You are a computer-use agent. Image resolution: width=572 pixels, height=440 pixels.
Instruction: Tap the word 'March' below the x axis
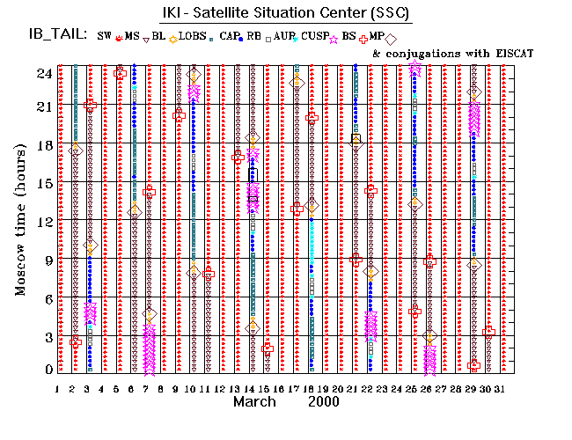pyautogui.click(x=256, y=401)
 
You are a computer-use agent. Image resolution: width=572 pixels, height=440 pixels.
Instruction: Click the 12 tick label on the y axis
pyautogui.click(x=41, y=221)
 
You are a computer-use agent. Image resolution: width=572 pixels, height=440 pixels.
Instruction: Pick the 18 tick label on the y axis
pyautogui.click(x=41, y=145)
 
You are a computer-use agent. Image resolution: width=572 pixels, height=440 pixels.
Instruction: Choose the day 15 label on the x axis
pyautogui.click(x=265, y=388)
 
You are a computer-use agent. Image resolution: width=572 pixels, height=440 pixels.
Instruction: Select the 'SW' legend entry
pyautogui.click(x=104, y=37)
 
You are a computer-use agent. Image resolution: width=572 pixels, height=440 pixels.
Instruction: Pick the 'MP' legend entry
pyautogui.click(x=377, y=37)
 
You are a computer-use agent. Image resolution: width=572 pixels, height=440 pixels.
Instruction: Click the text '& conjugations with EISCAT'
pyautogui.click(x=453, y=54)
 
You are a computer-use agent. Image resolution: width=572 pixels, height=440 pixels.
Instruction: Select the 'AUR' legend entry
pyautogui.click(x=283, y=37)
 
